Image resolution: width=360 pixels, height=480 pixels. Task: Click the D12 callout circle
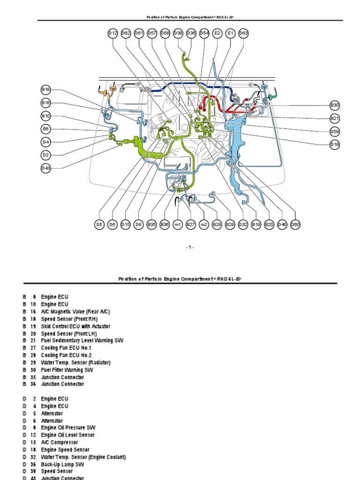coord(113,33)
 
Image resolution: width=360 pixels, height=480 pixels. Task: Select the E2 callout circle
coord(217,33)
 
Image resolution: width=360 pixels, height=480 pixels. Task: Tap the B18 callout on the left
coord(45,90)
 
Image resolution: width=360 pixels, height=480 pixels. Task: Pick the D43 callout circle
coord(45,168)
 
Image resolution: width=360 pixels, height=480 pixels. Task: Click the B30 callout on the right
coord(334,105)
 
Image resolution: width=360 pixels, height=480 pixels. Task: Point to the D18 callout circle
coord(334,145)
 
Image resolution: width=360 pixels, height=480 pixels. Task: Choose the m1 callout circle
coord(178,225)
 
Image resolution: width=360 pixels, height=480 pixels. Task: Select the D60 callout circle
coord(295,225)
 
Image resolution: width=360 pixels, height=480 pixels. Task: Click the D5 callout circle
coord(99,225)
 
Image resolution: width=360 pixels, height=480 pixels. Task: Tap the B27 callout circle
coord(191,225)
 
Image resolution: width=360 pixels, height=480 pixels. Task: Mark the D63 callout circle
coord(243,33)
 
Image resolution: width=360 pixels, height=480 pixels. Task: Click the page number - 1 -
coord(189,247)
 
